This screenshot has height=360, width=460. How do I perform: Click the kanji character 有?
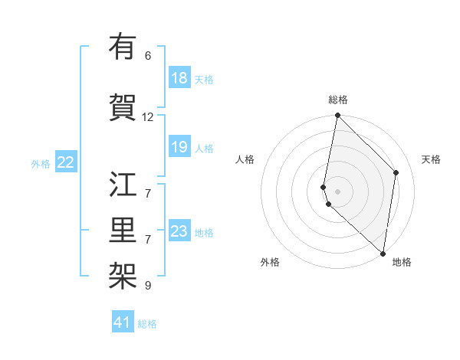click(x=123, y=48)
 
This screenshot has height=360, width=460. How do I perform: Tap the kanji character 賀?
click(x=123, y=105)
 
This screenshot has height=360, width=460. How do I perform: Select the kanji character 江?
click(x=123, y=185)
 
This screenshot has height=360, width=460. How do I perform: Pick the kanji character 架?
click(x=123, y=273)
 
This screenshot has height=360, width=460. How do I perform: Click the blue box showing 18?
click(x=179, y=78)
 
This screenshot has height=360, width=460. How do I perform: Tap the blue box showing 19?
click(x=179, y=147)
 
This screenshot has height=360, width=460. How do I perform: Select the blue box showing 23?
click(x=179, y=231)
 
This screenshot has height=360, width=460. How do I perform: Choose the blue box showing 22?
click(x=66, y=162)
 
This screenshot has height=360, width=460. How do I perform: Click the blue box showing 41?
click(x=123, y=322)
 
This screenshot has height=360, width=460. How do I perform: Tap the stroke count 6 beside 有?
click(x=148, y=56)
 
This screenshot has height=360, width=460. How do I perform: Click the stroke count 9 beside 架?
click(x=148, y=286)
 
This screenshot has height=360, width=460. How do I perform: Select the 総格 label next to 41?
click(x=147, y=324)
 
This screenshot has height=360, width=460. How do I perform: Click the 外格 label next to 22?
click(x=41, y=163)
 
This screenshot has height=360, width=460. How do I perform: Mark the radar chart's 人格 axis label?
click(x=245, y=159)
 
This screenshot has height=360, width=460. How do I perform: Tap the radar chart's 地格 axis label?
click(x=402, y=262)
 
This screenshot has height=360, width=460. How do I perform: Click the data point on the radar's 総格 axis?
click(x=337, y=116)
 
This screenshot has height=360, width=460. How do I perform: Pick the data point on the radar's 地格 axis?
click(x=383, y=253)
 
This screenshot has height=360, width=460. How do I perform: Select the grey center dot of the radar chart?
click(x=337, y=191)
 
